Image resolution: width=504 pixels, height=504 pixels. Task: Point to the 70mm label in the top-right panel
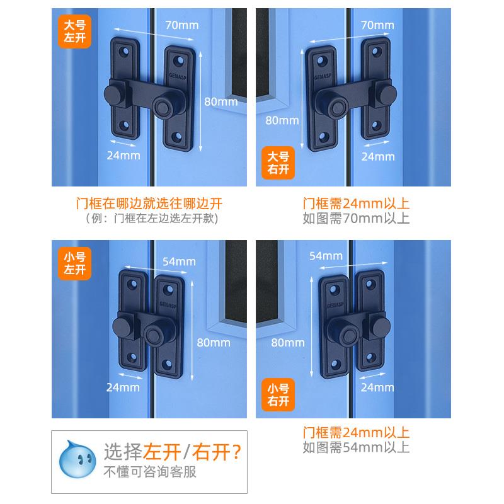click(378, 25)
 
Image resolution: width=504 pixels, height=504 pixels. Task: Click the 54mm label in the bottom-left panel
click(179, 261)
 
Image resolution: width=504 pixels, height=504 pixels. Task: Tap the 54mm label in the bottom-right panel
click(326, 255)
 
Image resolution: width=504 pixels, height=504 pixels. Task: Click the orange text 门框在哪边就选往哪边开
click(149, 203)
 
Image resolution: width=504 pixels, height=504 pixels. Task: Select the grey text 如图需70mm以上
click(356, 219)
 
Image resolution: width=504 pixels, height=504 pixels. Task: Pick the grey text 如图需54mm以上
click(356, 448)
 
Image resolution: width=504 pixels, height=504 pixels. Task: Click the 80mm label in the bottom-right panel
click(287, 343)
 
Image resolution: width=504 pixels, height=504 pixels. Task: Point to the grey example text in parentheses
click(149, 219)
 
